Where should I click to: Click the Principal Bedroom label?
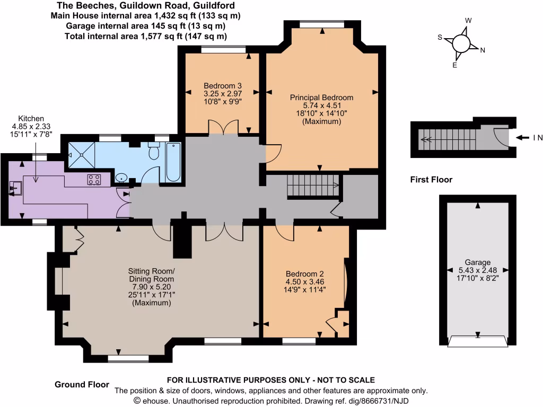point(321,98)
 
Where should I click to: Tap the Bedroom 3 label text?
point(223,85)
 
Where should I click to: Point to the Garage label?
point(477,262)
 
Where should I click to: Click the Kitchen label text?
point(31,118)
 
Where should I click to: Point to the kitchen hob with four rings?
point(95,180)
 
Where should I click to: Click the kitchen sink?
point(14,187)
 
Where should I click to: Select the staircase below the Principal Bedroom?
point(313,186)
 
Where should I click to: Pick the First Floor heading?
point(431,180)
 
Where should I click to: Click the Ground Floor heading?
point(82,384)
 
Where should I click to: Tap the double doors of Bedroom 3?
point(223,128)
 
